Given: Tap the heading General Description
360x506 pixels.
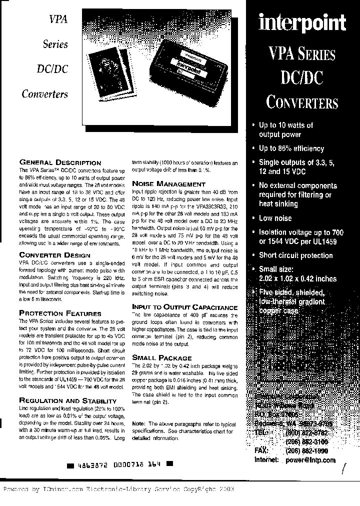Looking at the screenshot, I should click(60, 162).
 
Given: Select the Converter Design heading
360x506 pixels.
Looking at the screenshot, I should click(54, 254).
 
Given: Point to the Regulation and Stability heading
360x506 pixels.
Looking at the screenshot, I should click(67, 400).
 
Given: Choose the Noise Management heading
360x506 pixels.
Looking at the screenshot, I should click(161, 184).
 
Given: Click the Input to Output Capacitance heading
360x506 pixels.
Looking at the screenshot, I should click(184, 307).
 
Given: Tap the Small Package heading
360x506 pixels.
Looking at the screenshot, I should click(161, 358).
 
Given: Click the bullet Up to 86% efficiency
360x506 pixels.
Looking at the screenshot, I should click(291, 148).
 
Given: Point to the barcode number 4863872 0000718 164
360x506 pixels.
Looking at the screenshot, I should click(119, 464).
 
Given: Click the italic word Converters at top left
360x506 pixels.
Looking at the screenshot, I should click(44, 94).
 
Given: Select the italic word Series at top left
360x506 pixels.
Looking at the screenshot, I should click(55, 44).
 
